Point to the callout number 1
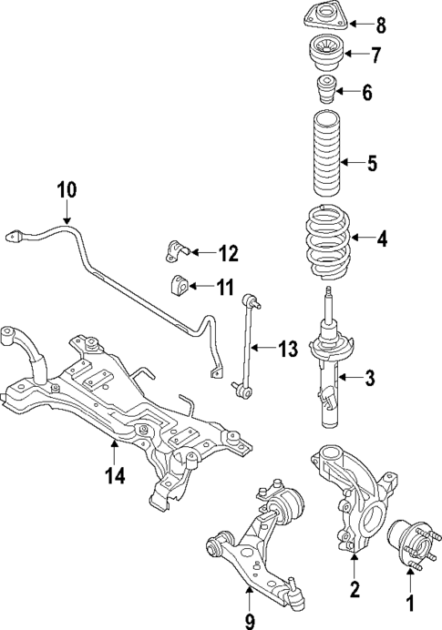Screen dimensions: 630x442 tap(409, 603)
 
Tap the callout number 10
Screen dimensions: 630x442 tap(67, 191)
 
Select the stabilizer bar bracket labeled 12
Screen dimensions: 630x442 tap(177, 250)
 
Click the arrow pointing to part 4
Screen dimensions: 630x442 tap(361, 239)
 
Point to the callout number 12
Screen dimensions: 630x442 tap(228, 252)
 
